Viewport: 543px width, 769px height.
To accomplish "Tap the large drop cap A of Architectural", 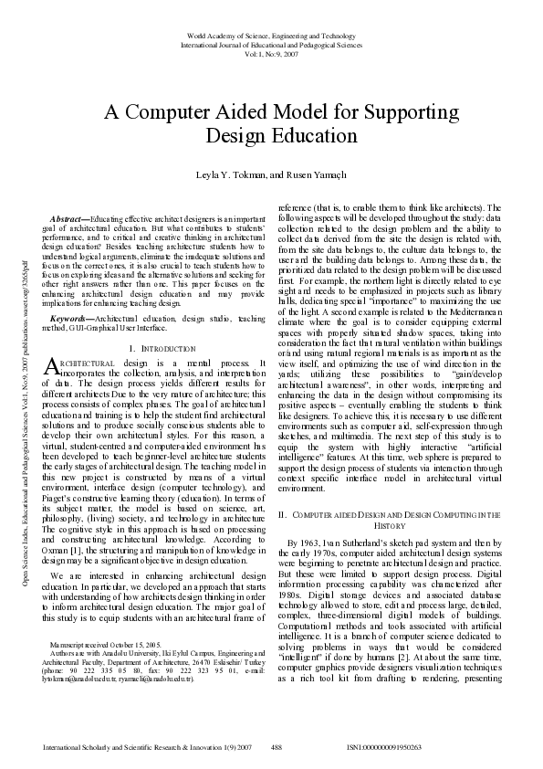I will pos(51,367).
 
